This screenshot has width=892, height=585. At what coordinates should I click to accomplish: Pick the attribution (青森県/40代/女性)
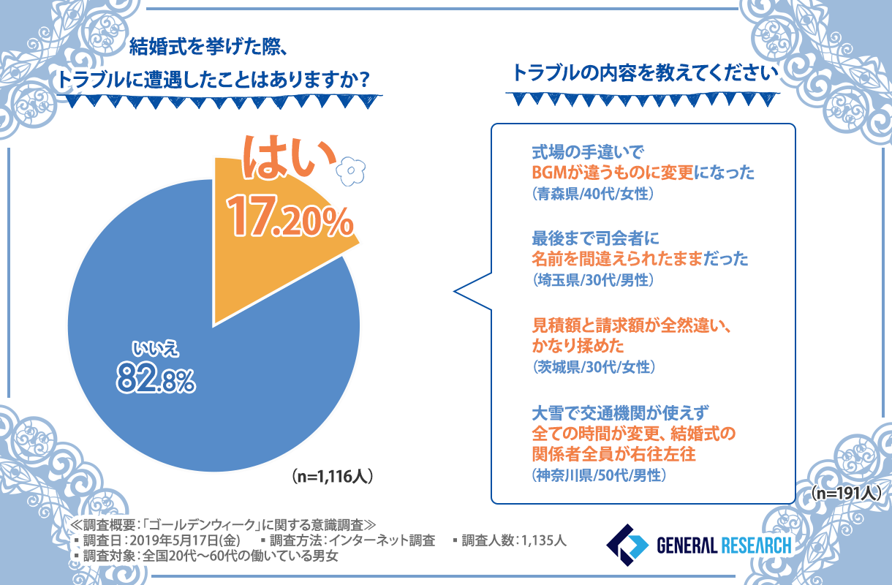click(x=592, y=195)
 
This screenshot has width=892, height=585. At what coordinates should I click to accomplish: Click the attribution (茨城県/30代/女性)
click(x=592, y=366)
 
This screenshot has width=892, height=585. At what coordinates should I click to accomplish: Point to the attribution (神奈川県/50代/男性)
click(x=598, y=475)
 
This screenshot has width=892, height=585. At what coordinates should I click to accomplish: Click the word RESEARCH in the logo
click(x=756, y=546)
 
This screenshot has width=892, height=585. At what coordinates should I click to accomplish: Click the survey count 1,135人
click(x=543, y=541)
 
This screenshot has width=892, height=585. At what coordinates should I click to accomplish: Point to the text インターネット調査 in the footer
click(x=381, y=541)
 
